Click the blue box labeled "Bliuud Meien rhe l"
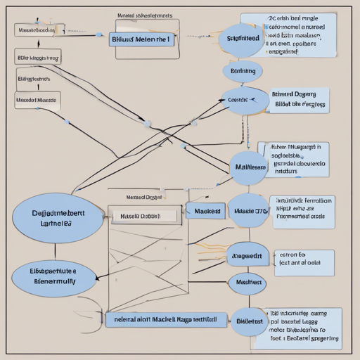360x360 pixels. tap(141, 39)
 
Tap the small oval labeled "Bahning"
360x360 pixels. tap(243, 71)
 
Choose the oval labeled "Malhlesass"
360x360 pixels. tap(247, 167)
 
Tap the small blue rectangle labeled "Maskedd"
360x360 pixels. tap(207, 211)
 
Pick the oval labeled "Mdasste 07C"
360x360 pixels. tap(249, 210)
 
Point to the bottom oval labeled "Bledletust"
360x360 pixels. tap(250, 321)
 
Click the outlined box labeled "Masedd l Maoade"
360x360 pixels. tap(37, 100)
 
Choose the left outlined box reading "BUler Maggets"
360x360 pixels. tap(38, 58)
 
